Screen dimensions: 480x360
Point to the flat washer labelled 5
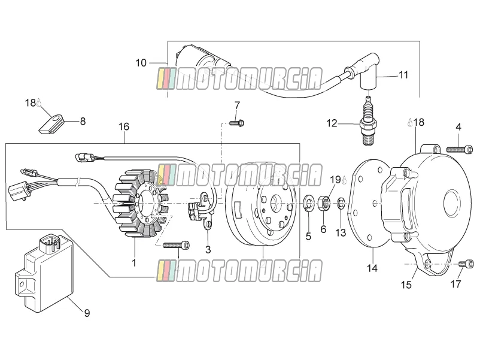pyautogui.click(x=308, y=204)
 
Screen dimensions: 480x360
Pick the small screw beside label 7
pyautogui.click(x=236, y=123)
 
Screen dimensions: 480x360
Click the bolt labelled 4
pyautogui.click(x=457, y=150)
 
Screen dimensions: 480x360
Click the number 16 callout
pyautogui.click(x=124, y=126)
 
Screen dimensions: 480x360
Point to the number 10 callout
pyautogui.click(x=141, y=63)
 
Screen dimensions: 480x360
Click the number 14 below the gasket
pyautogui.click(x=372, y=268)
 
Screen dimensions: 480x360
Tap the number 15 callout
pyautogui.click(x=406, y=285)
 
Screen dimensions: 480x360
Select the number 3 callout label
pyautogui.click(x=208, y=249)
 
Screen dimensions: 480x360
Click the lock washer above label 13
pyautogui.click(x=341, y=204)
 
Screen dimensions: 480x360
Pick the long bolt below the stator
pyautogui.click(x=177, y=245)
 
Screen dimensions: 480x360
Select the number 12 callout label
pyautogui.click(x=332, y=123)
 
